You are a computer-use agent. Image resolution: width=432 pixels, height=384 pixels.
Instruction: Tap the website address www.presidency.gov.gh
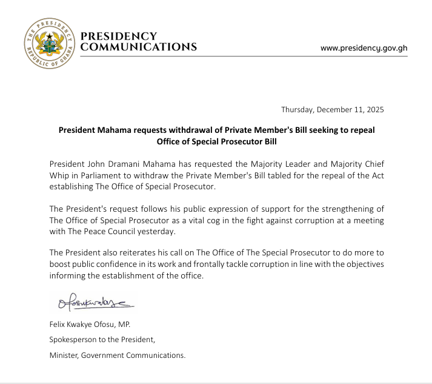(364, 48)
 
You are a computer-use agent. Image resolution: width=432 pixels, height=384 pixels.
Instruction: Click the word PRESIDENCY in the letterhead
(119, 36)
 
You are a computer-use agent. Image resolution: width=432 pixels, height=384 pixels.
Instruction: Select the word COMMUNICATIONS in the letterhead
(139, 47)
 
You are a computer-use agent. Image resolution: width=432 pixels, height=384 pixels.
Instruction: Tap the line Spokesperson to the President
(102, 340)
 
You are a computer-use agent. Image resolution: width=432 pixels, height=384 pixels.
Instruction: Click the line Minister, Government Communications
(118, 355)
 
